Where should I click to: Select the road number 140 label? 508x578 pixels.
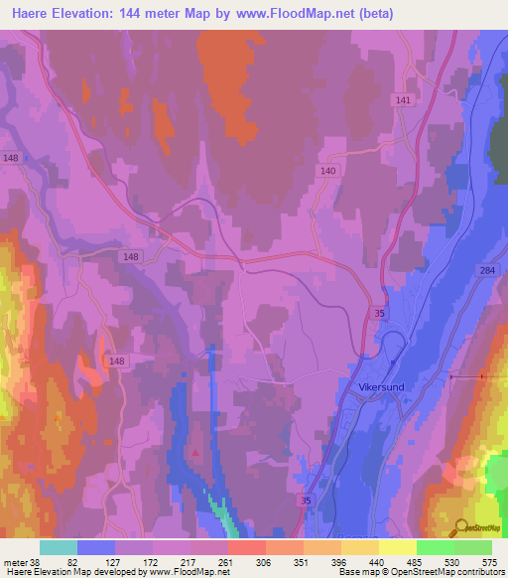click(329, 171)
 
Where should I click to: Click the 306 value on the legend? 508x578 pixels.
click(265, 561)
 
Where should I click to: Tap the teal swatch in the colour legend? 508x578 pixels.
click(59, 547)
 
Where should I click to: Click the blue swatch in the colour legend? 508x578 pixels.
click(96, 547)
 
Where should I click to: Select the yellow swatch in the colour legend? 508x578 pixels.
click(397, 547)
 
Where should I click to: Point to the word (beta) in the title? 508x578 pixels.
click(376, 14)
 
